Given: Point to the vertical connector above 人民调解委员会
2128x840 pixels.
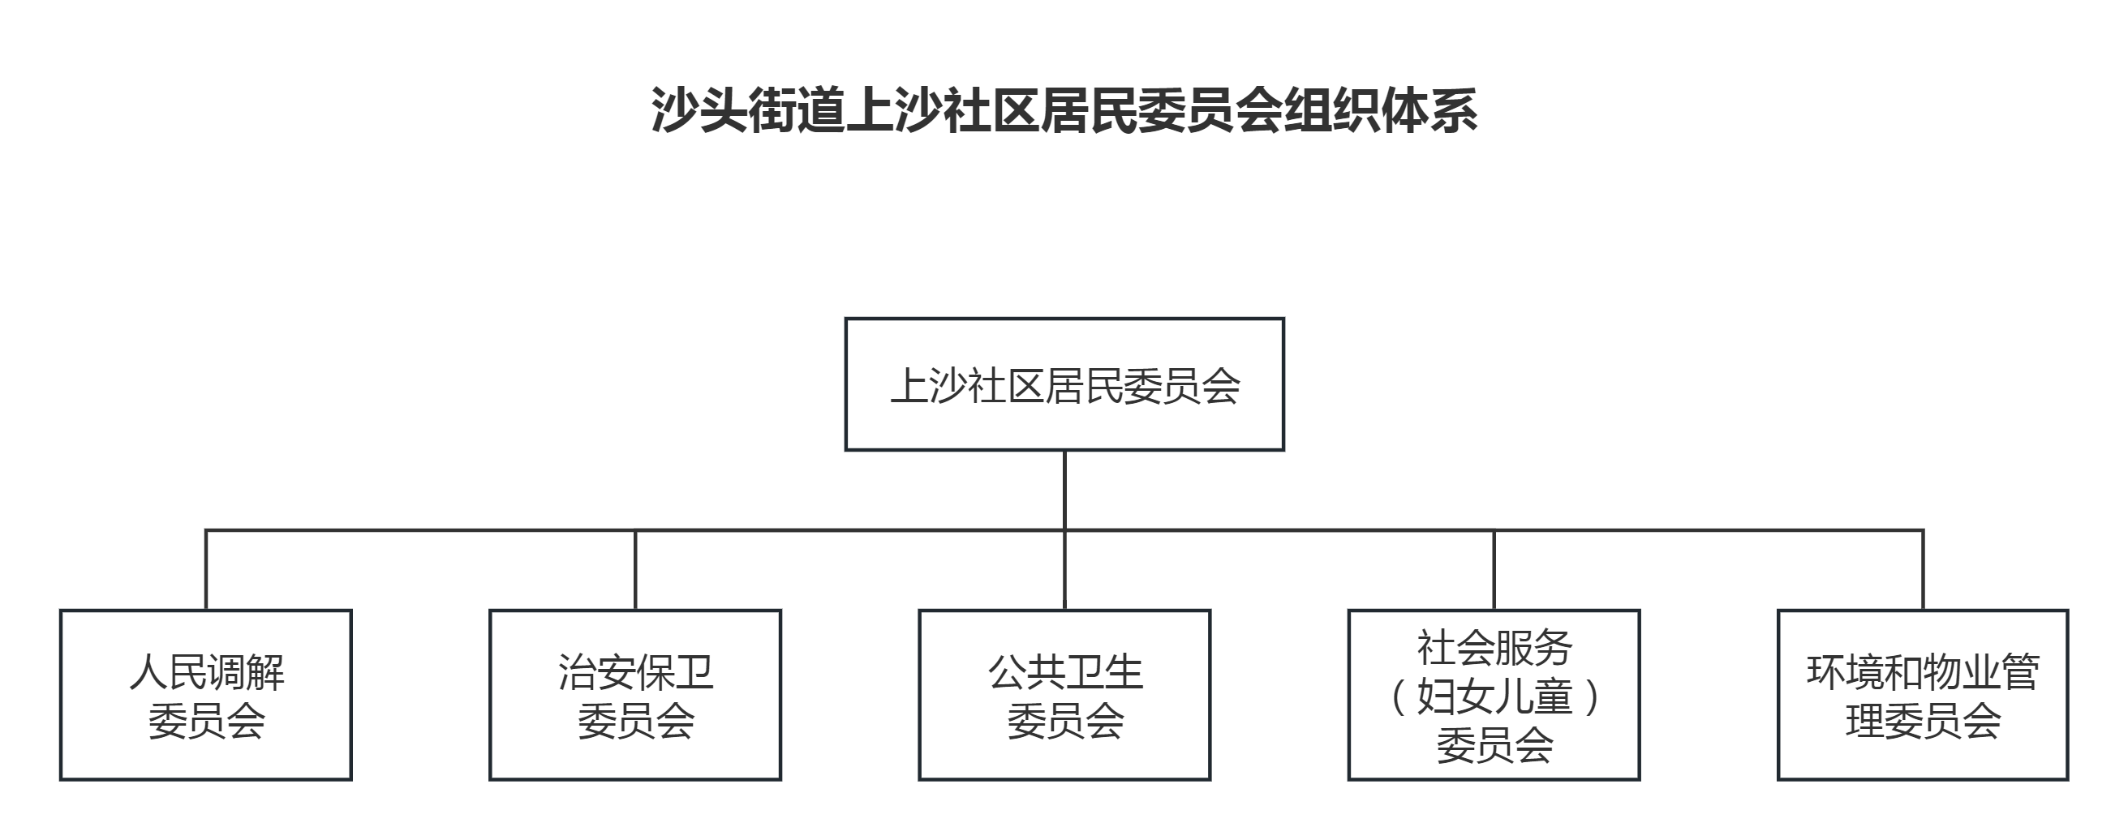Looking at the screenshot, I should click(206, 570).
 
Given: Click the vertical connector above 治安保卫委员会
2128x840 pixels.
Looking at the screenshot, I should click(635, 570).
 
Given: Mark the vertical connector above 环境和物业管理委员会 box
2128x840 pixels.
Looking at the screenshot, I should click(1923, 570).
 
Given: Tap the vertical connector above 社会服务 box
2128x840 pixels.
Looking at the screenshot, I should click(1494, 570).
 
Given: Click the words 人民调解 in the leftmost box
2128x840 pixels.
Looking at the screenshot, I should click(207, 672).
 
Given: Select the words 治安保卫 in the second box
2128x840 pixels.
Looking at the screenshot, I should click(635, 672).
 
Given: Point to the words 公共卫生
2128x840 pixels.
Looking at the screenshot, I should click(1065, 672).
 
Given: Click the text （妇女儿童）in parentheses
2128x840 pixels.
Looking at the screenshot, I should click(1494, 696).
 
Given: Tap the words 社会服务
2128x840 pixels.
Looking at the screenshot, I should click(1494, 648).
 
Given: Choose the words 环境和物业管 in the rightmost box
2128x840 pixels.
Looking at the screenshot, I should click(1923, 672).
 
